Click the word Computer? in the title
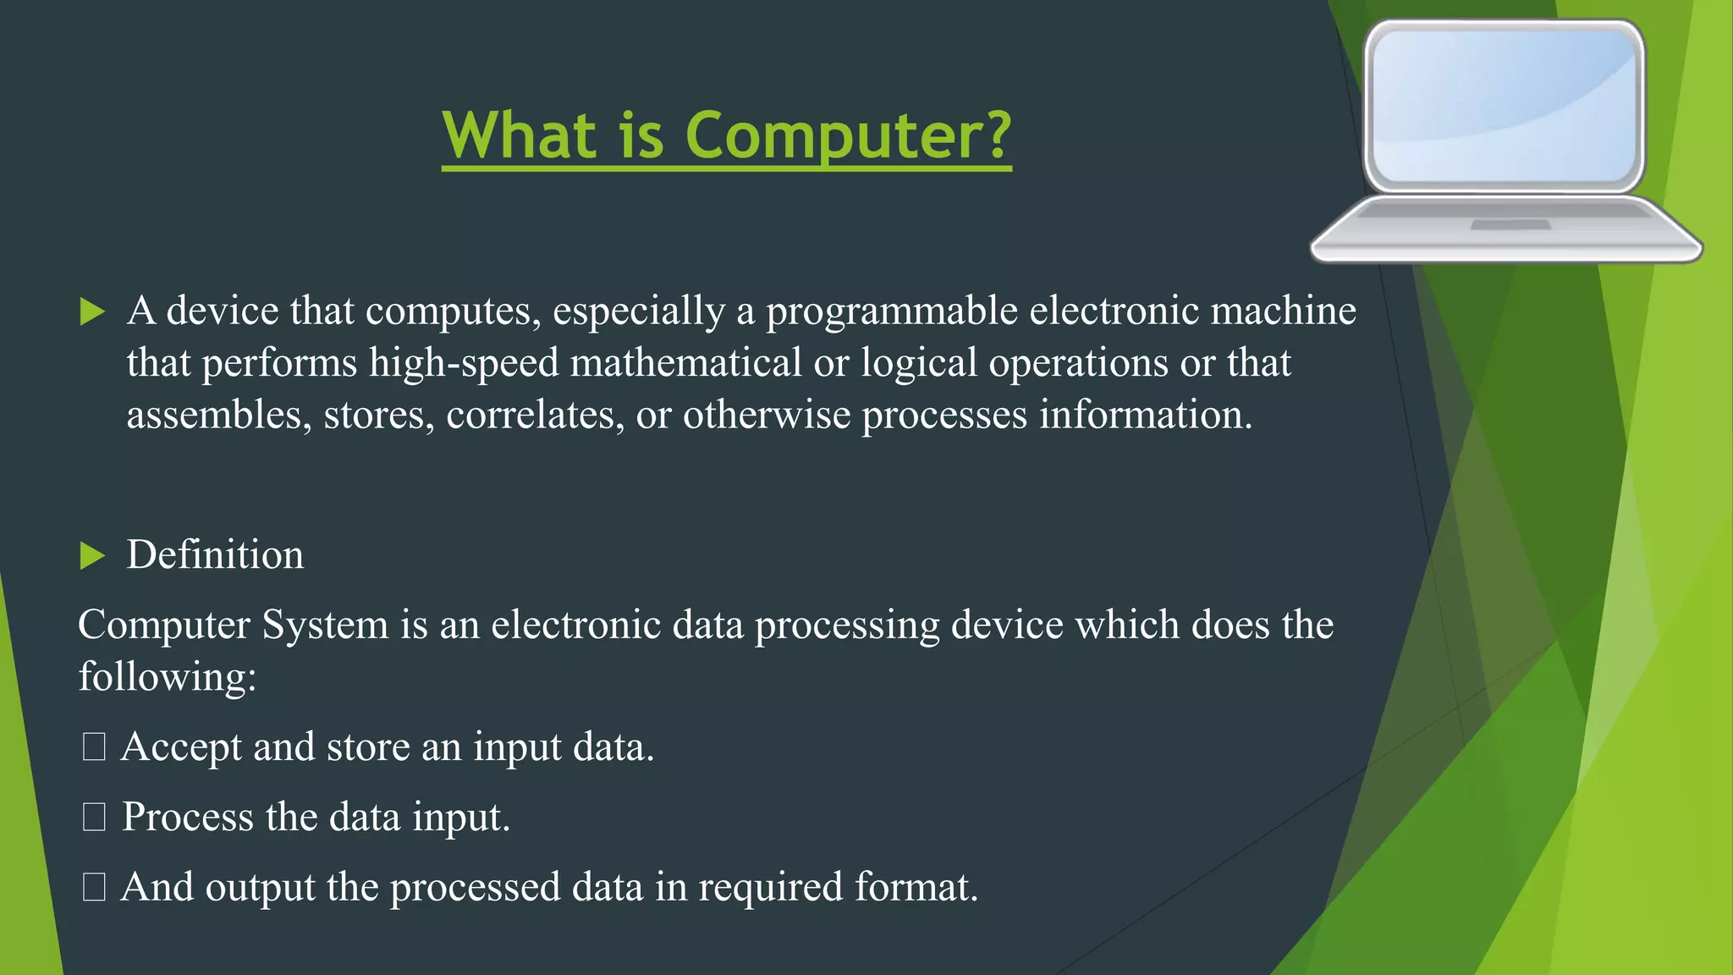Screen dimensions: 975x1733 click(848, 135)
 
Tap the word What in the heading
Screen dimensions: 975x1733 click(520, 135)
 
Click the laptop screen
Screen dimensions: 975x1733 click(1503, 105)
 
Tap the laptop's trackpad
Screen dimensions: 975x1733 click(1510, 225)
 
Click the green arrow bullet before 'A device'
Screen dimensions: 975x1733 click(91, 311)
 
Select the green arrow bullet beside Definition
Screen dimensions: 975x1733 click(91, 556)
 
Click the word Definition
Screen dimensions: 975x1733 click(215, 555)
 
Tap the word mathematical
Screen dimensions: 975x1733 click(685, 363)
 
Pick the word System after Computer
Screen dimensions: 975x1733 click(325, 625)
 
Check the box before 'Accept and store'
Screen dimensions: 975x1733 click(94, 747)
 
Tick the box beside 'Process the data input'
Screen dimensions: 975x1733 click(94, 818)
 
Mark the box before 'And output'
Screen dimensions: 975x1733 click(94, 888)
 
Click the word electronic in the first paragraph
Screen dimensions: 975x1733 click(1114, 311)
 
